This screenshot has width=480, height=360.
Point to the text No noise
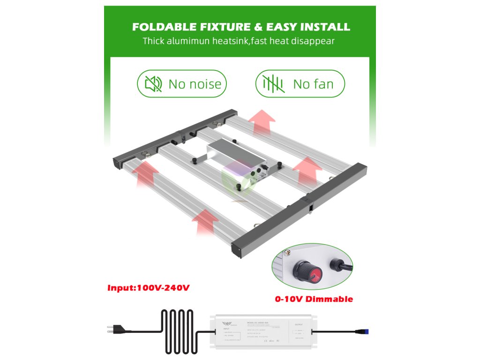click(x=195, y=84)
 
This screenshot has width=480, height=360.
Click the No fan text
click(x=313, y=84)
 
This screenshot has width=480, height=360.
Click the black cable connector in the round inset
click(x=338, y=267)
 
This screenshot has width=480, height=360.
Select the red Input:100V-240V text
click(x=149, y=287)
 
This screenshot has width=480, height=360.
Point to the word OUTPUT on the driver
click(x=298, y=324)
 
